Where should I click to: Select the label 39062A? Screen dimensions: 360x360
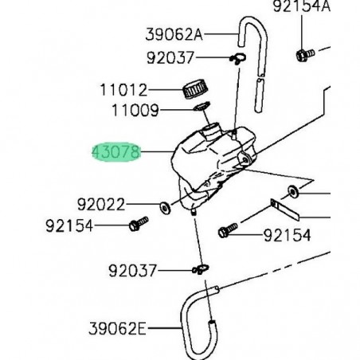point(174,34)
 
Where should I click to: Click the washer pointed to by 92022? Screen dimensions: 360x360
point(163,207)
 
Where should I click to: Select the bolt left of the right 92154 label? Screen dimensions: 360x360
point(225,232)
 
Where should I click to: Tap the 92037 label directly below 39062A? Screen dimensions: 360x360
point(174,57)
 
